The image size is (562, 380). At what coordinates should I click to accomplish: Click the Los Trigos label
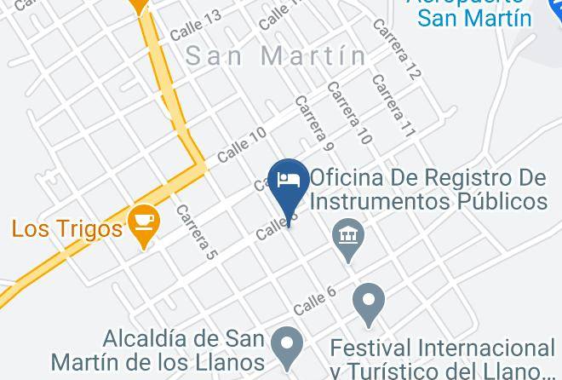[x=66, y=228]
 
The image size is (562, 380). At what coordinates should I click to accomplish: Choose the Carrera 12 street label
[x=396, y=50]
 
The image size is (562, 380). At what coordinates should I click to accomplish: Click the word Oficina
[x=353, y=178]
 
